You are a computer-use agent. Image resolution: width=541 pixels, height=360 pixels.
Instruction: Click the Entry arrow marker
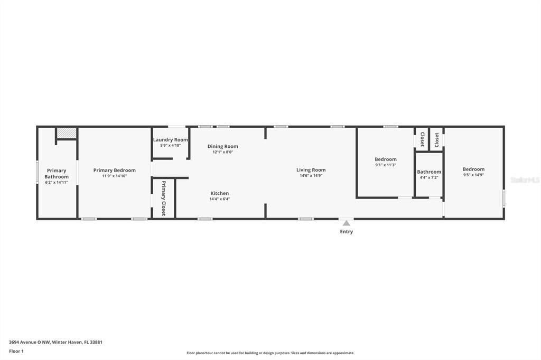[346, 223]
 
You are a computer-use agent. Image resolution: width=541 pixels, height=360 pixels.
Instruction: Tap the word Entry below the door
[347, 232]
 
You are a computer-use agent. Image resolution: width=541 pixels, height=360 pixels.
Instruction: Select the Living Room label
[311, 170]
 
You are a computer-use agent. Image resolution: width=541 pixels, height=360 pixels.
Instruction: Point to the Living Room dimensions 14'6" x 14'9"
[311, 176]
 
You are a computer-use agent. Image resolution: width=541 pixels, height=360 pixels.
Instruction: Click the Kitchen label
[220, 193]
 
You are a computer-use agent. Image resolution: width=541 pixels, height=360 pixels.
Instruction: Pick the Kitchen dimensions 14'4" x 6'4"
[220, 199]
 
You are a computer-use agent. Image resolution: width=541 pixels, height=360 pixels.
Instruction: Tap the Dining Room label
[222, 146]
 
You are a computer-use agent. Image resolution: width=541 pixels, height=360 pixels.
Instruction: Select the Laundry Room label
[170, 140]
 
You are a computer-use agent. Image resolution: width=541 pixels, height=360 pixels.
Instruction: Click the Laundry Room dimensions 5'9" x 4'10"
[170, 145]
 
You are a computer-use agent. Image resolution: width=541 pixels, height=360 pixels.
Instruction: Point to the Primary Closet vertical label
[163, 198]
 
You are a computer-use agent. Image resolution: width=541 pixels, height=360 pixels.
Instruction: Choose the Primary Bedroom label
[114, 170]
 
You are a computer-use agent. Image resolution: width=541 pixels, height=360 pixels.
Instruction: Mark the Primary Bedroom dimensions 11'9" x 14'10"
[114, 176]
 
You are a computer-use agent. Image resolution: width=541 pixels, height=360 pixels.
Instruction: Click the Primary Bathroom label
[57, 174]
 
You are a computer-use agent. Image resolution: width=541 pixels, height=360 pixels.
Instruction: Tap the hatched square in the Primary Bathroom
[67, 134]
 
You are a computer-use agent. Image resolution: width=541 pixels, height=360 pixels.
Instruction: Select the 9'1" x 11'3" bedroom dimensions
[386, 165]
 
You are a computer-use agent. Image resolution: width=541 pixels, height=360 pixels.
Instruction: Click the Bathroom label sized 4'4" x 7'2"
[428, 172]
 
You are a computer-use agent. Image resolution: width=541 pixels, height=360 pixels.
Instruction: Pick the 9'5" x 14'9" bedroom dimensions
[473, 175]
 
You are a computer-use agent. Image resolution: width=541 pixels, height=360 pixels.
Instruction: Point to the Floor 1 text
[16, 351]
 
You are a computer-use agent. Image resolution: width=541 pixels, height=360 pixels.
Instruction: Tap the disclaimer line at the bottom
[270, 353]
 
